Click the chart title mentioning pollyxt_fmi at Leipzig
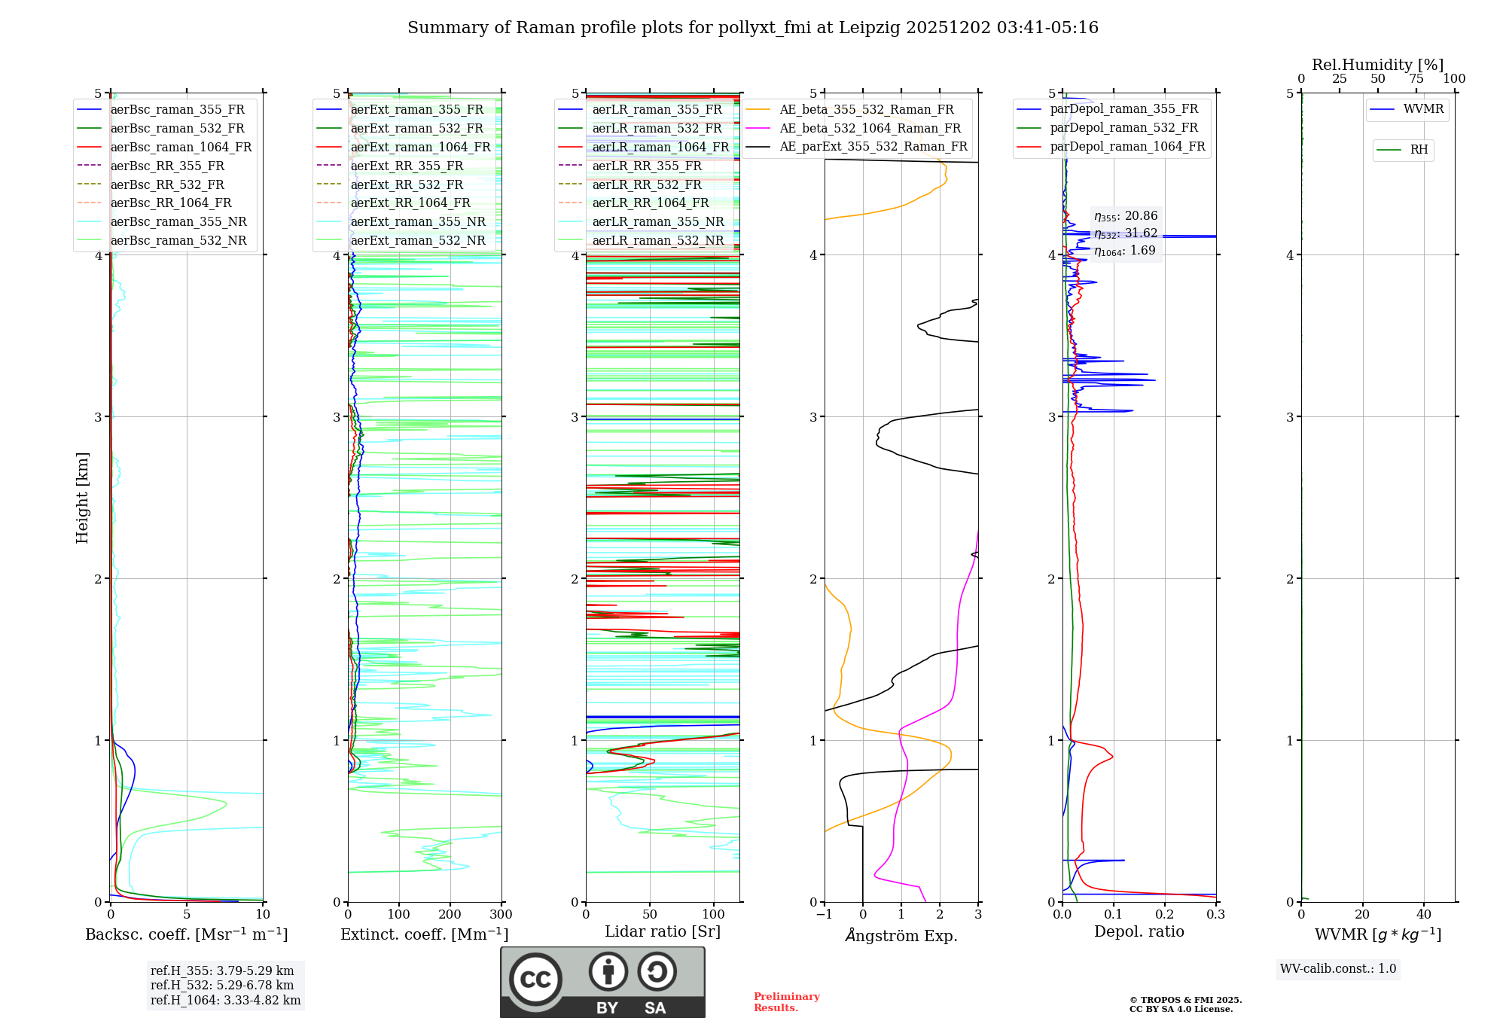pyautogui.click(x=752, y=28)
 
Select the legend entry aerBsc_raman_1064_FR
pyautogui.click(x=181, y=147)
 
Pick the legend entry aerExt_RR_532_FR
pyautogui.click(x=407, y=184)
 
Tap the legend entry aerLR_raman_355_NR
pyautogui.click(x=657, y=221)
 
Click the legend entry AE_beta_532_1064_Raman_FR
pyautogui.click(x=870, y=128)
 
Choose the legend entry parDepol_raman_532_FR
pyautogui.click(x=1123, y=128)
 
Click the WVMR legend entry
pyautogui.click(x=1422, y=109)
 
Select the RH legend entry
pyautogui.click(x=1419, y=150)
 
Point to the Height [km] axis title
pyautogui.click(x=82, y=498)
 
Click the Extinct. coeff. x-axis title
pyautogui.click(x=424, y=934)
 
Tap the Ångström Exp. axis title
pyautogui.click(x=901, y=936)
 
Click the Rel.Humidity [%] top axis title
pyautogui.click(x=1377, y=65)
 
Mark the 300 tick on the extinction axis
pyautogui.click(x=501, y=915)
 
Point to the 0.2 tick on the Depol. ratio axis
pyautogui.click(x=1165, y=915)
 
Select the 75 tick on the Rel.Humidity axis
pyautogui.click(x=1416, y=79)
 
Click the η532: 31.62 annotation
pyautogui.click(x=1126, y=233)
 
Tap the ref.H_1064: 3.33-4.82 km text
pyautogui.click(x=225, y=1001)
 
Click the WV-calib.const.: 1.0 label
pyautogui.click(x=1338, y=969)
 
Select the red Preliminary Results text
pyautogui.click(x=786, y=1002)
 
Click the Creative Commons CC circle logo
pyautogui.click(x=535, y=980)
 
